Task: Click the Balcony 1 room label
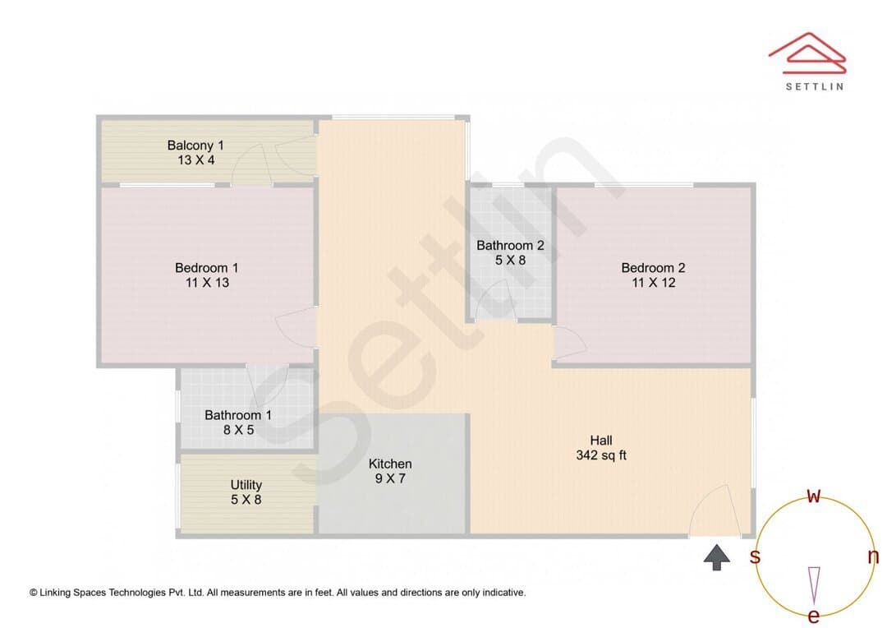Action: click(195, 145)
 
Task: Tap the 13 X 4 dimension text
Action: click(195, 160)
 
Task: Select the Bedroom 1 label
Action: click(206, 268)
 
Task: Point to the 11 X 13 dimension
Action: click(207, 283)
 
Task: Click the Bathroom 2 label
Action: click(510, 246)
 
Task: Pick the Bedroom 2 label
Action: click(653, 268)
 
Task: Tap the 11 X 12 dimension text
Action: click(654, 283)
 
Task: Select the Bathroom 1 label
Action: click(238, 415)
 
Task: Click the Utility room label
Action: click(246, 485)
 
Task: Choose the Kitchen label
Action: click(390, 464)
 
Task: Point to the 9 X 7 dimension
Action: click(390, 478)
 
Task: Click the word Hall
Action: click(600, 440)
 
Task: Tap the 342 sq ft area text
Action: click(601, 455)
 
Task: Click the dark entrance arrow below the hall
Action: click(717, 557)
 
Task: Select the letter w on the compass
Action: click(813, 496)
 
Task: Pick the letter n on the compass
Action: click(873, 556)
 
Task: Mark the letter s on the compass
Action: click(755, 556)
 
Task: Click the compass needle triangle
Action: click(814, 585)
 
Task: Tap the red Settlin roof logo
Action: click(807, 53)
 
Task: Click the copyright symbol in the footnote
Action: click(34, 593)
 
